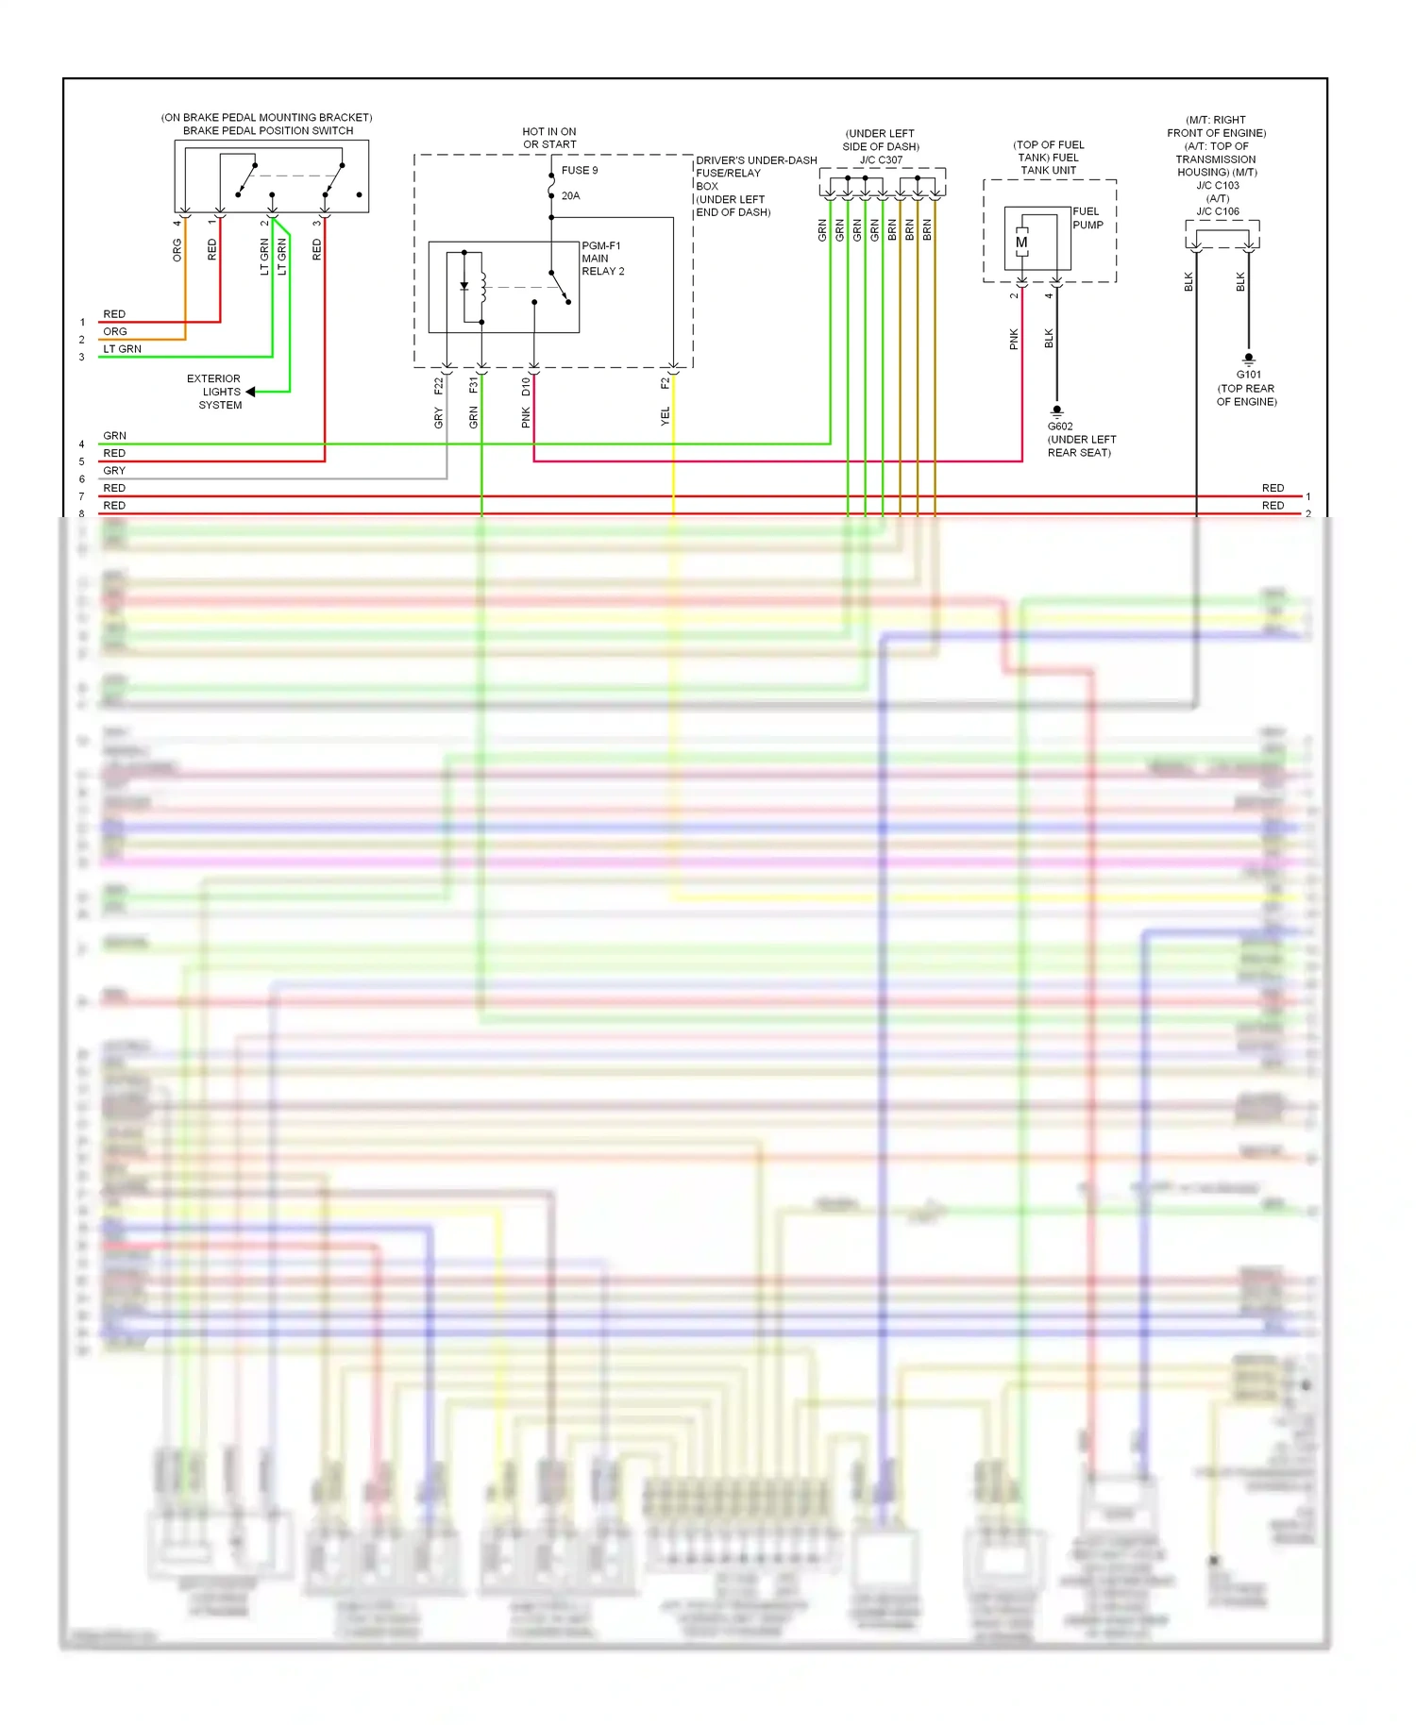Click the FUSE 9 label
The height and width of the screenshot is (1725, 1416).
579,171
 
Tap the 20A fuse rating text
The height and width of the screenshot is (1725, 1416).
570,196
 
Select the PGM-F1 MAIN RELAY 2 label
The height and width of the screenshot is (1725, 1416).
602,259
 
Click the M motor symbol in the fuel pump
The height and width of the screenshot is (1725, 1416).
1021,243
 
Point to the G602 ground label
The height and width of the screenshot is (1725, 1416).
1060,427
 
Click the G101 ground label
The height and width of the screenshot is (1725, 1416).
1248,375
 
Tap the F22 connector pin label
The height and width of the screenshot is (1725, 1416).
438,386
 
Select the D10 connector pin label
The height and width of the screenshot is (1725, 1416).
526,386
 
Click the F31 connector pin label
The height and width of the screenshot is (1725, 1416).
473,385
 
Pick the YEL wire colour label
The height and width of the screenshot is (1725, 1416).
665,416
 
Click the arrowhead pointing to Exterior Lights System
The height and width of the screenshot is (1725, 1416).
250,392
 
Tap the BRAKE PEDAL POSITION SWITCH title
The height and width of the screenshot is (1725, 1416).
268,131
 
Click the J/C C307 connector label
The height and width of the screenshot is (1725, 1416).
881,160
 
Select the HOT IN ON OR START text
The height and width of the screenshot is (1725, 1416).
549,138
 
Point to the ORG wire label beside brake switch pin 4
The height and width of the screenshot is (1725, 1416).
177,250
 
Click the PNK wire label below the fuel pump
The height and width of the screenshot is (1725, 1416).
1014,340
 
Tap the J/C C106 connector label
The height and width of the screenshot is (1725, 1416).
1218,211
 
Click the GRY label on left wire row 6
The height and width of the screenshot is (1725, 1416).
114,471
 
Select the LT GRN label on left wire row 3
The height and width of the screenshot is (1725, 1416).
122,349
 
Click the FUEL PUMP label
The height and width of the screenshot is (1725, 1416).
1087,218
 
